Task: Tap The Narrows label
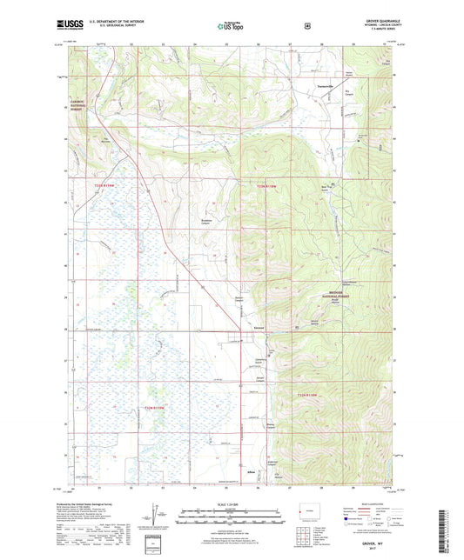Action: click(106, 140)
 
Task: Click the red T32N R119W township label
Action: click(155, 408)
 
